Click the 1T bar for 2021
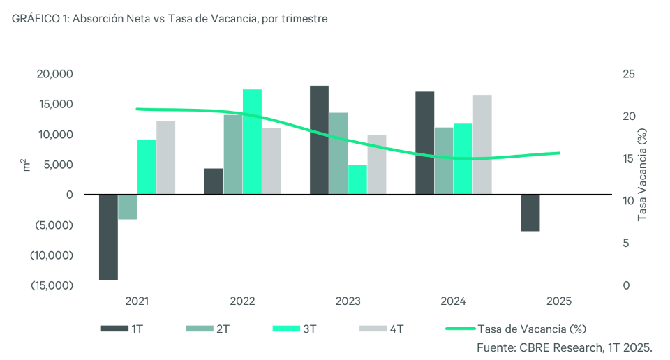pyautogui.click(x=108, y=237)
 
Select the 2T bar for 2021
pyautogui.click(x=127, y=207)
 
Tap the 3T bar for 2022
pyautogui.click(x=252, y=142)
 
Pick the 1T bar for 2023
pyautogui.click(x=319, y=140)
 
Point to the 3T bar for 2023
pyautogui.click(x=357, y=179)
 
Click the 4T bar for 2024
pyautogui.click(x=482, y=144)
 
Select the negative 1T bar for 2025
pyautogui.click(x=530, y=212)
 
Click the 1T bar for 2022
pyautogui.click(x=214, y=181)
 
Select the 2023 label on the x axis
pyautogui.click(x=348, y=301)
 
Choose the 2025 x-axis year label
pyautogui.click(x=558, y=301)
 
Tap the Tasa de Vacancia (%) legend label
pyautogui.click(x=530, y=328)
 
